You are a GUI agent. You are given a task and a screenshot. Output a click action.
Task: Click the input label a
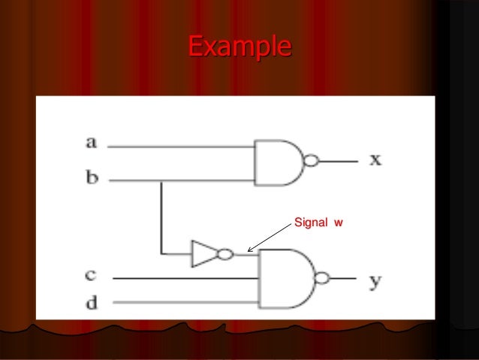92,141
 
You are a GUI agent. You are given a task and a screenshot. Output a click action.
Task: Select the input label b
92,179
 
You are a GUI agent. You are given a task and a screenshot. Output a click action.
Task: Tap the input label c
90,276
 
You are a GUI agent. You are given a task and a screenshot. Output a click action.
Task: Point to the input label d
91,304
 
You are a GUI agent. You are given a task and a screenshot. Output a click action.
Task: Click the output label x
375,160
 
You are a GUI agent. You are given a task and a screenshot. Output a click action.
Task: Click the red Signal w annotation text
317,223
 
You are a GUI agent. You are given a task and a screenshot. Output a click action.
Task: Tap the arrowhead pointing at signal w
249,249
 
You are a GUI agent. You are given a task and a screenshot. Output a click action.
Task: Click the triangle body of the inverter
203,254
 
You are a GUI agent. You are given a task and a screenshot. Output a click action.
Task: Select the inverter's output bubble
223,254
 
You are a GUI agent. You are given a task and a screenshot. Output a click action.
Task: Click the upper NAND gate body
277,162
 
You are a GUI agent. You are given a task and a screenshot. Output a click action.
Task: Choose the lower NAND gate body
285,278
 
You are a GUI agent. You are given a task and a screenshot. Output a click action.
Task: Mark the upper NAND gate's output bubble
310,161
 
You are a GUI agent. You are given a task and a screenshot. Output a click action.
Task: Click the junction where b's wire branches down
161,181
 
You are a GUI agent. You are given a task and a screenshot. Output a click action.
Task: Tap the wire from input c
188,278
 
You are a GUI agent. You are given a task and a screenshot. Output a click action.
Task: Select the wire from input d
188,304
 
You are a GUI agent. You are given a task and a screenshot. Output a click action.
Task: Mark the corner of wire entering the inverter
161,254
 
